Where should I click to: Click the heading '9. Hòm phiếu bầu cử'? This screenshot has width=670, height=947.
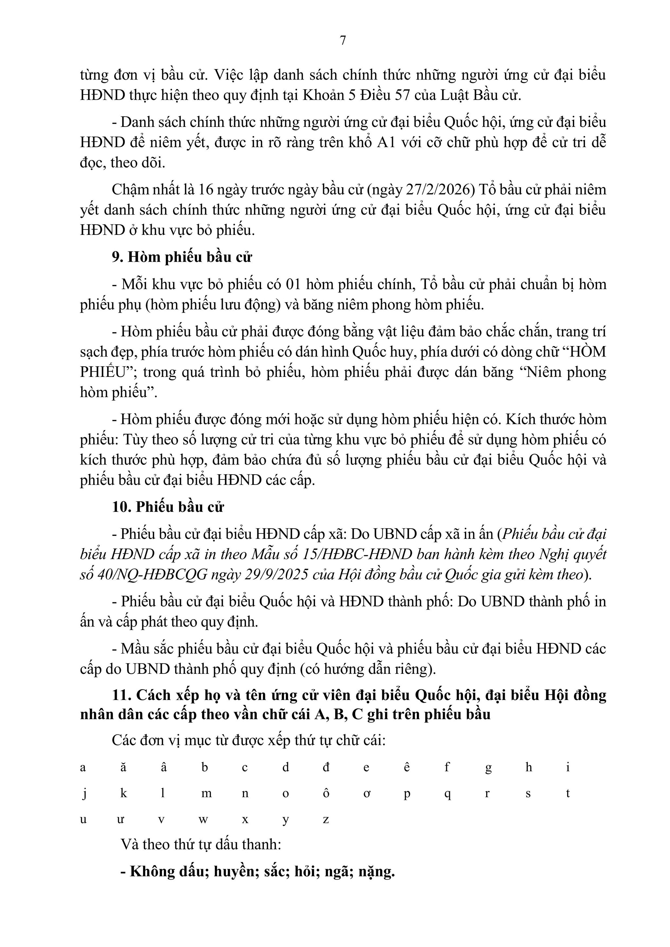pos(182,257)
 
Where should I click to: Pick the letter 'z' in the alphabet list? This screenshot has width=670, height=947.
pos(326,819)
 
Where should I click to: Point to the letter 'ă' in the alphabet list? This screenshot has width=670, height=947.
pos(123,768)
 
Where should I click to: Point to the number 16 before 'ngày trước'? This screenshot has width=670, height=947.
pos(206,189)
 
